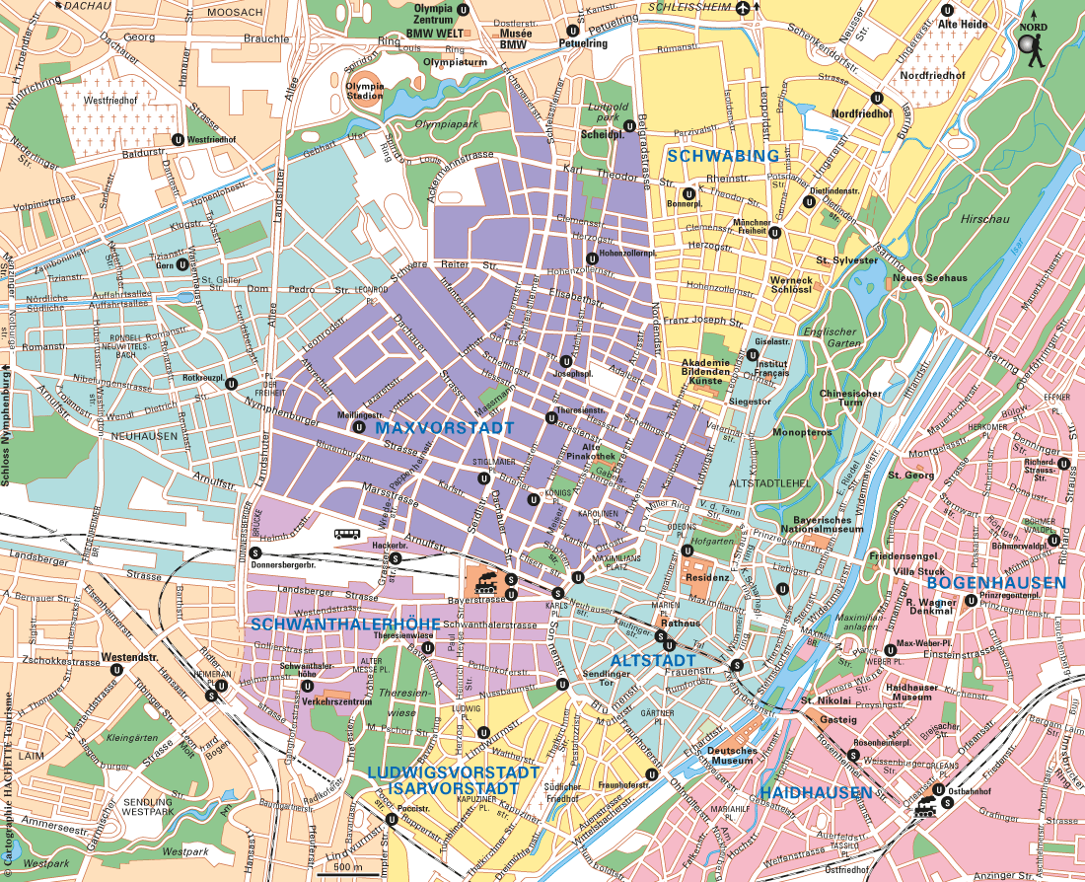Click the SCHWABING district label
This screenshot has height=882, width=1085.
(723, 156)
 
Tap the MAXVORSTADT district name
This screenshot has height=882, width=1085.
(445, 428)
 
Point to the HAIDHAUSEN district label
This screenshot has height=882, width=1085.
(816, 792)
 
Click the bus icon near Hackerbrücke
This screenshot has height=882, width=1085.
(347, 534)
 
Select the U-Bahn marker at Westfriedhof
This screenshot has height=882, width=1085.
(178, 139)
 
